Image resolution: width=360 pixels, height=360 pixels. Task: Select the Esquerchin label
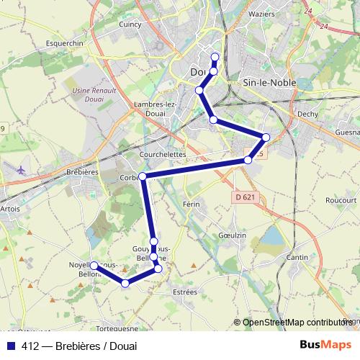66,42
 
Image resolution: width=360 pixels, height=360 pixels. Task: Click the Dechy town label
307,113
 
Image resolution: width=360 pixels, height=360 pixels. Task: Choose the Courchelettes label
162,154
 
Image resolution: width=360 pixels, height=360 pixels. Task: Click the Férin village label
192,204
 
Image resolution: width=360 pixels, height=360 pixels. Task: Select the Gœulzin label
232,235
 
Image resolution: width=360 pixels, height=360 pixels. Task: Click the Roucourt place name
341,200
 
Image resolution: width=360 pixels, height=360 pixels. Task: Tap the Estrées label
185,292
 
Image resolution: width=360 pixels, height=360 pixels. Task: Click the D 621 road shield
245,197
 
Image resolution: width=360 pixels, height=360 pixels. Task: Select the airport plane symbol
20,170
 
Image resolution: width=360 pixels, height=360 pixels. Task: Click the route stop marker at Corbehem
143,176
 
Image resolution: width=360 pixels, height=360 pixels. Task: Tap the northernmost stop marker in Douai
215,57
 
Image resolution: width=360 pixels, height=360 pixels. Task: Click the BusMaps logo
325,345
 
